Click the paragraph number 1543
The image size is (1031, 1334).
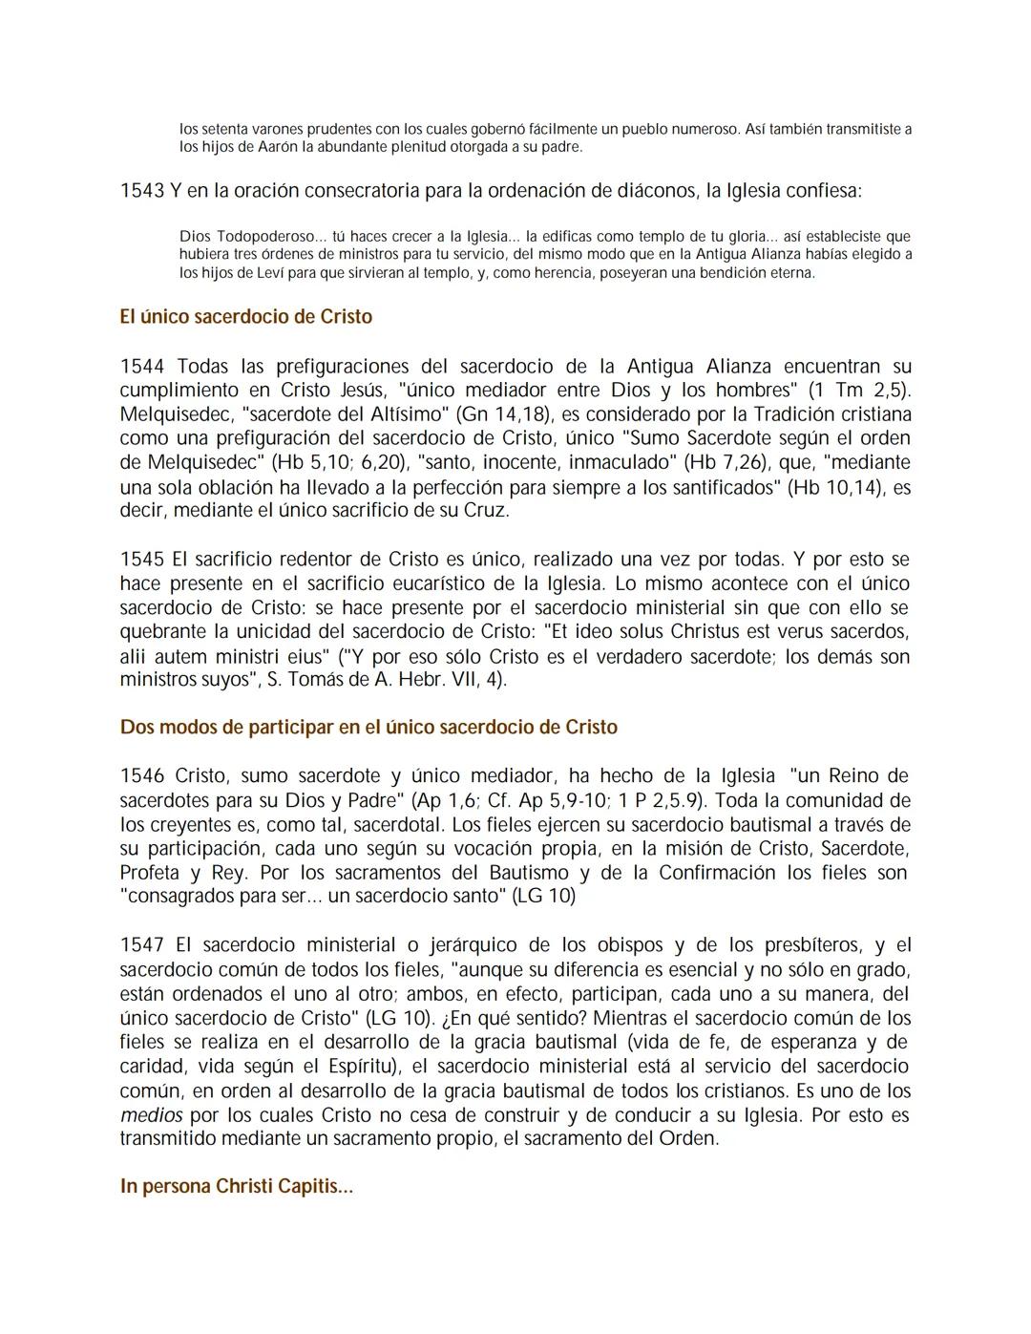click(x=141, y=191)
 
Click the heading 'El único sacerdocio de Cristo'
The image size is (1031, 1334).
click(x=245, y=317)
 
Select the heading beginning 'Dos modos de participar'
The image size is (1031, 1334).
click(x=368, y=728)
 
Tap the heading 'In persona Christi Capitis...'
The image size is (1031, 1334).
click(x=236, y=1187)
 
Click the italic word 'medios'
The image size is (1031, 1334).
click(x=151, y=1115)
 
